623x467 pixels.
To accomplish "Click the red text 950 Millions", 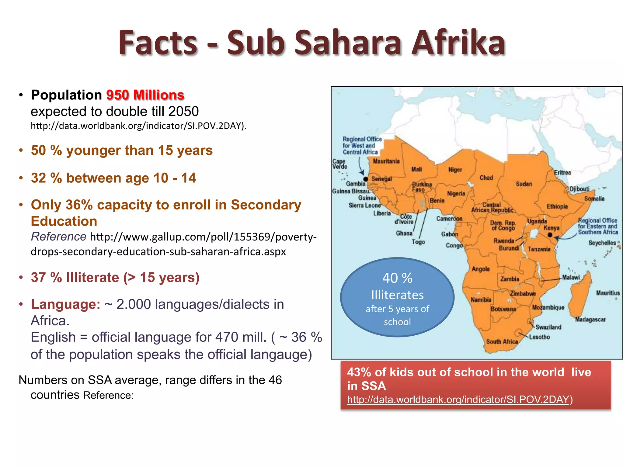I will coord(145,95).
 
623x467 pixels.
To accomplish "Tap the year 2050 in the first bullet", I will coord(183,112).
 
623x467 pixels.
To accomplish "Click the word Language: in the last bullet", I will coord(65,304).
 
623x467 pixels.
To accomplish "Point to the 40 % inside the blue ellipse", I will coord(397,278).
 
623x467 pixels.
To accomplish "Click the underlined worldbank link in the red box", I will coord(458,400).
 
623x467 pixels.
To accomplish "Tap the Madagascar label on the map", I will coord(590,320).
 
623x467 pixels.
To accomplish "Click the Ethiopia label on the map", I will coord(557,206).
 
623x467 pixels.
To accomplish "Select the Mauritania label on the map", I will coord(386,161).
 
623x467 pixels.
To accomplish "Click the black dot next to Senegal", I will coord(366,179).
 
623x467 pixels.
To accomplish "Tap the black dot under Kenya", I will coord(550,235).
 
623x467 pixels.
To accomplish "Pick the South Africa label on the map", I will coord(502,342).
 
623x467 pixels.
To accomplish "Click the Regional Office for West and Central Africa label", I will coord(362,146).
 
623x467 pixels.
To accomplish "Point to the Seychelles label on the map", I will coord(602,243).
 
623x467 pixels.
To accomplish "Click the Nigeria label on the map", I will coord(456,194).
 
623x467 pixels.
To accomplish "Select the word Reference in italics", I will coord(58,237).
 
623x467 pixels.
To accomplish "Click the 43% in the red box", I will coord(359,372).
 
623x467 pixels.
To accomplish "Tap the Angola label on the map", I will coord(481,269).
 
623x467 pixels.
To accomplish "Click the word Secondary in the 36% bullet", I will coord(266,205).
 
